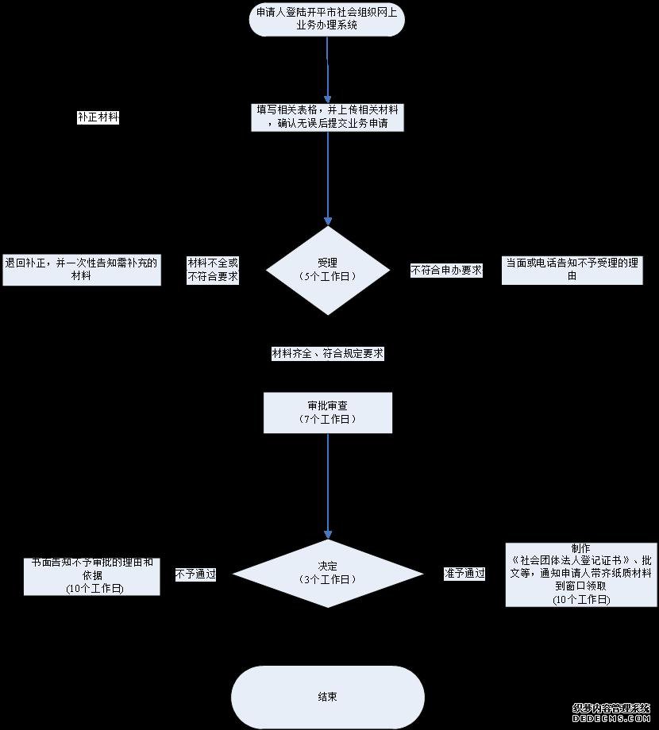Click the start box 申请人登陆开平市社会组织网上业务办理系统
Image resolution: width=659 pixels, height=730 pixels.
pyautogui.click(x=327, y=19)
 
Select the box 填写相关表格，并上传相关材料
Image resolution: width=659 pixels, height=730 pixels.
pyautogui.click(x=327, y=117)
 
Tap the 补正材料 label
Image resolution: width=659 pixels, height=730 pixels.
pyautogui.click(x=98, y=117)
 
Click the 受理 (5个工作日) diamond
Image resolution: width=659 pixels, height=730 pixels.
pyautogui.click(x=327, y=269)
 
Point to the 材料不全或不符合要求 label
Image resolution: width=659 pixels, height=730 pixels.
pyautogui.click(x=212, y=270)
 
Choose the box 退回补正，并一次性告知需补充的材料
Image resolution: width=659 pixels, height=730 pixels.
pyautogui.click(x=81, y=270)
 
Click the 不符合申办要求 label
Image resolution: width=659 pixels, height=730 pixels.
pyautogui.click(x=445, y=270)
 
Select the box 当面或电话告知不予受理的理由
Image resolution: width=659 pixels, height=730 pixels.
pyautogui.click(x=572, y=270)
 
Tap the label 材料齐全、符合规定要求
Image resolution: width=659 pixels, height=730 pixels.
pyautogui.click(x=327, y=354)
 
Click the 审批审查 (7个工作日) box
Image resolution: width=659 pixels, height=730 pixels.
pyautogui.click(x=327, y=413)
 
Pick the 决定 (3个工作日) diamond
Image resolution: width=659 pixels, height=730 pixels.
pyautogui.click(x=327, y=573)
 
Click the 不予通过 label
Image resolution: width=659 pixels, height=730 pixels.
pyautogui.click(x=195, y=574)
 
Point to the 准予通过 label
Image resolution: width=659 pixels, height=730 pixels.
pyautogui.click(x=464, y=574)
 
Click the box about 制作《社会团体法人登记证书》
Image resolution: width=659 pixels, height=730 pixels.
pyautogui.click(x=581, y=574)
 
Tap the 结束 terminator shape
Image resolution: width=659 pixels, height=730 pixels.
pyautogui.click(x=327, y=697)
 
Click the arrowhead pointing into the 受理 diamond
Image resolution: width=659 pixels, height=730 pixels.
pyautogui.click(x=328, y=221)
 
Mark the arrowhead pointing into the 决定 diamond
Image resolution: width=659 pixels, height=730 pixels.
pyautogui.click(x=328, y=536)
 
